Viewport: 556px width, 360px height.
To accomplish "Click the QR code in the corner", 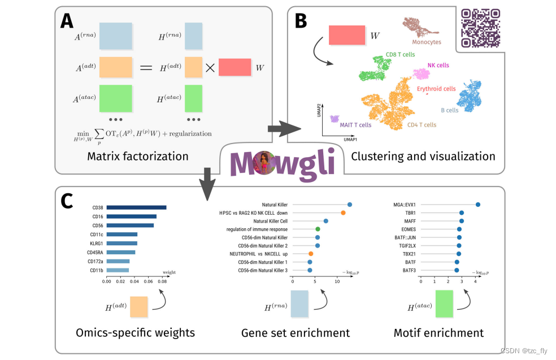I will (x=481, y=28).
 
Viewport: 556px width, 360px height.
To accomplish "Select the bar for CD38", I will (x=136, y=207).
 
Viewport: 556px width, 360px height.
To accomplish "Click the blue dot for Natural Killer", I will (x=350, y=205).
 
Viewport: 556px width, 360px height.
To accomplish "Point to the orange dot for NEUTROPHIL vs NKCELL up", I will (x=310, y=254).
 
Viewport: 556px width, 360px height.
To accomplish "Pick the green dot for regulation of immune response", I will (x=318, y=229).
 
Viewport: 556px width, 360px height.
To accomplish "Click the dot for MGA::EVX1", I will (x=478, y=205).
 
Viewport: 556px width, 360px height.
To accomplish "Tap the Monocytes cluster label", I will (x=427, y=42).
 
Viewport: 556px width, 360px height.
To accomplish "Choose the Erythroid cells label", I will (x=436, y=89).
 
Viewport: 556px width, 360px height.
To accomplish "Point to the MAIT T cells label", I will (x=355, y=125).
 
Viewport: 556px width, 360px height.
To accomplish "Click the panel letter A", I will (x=67, y=21).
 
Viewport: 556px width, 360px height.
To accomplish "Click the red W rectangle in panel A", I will (x=234, y=67).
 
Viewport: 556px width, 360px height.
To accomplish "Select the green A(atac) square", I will (x=115, y=99).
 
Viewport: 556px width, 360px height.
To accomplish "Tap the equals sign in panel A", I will (x=146, y=68).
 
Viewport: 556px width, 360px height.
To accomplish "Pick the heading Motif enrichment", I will (x=438, y=333).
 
